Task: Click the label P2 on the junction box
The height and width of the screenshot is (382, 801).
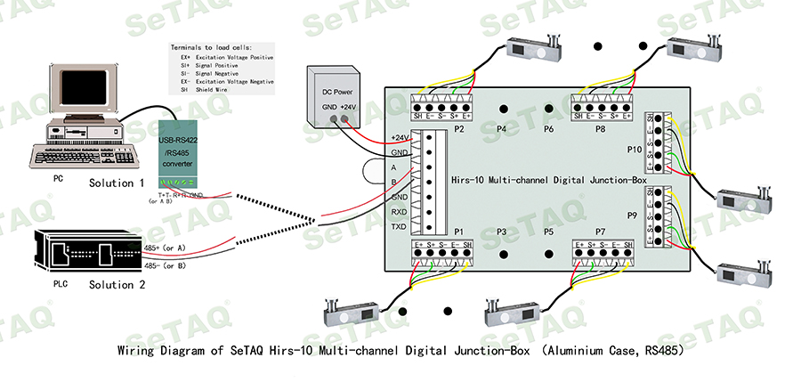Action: click(459, 129)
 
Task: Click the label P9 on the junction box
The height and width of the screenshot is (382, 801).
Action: click(634, 215)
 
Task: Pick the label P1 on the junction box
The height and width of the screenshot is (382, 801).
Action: click(459, 232)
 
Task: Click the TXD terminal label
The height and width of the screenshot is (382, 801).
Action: click(400, 228)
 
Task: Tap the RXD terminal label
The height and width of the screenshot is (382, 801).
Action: click(400, 212)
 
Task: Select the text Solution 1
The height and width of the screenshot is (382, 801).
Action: click(117, 183)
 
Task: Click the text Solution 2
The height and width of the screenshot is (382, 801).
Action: click(117, 285)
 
